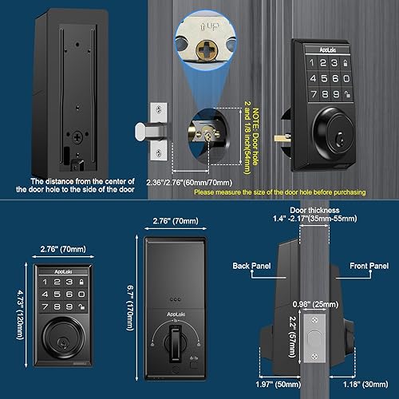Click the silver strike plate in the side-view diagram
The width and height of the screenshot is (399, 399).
[x=315, y=343]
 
